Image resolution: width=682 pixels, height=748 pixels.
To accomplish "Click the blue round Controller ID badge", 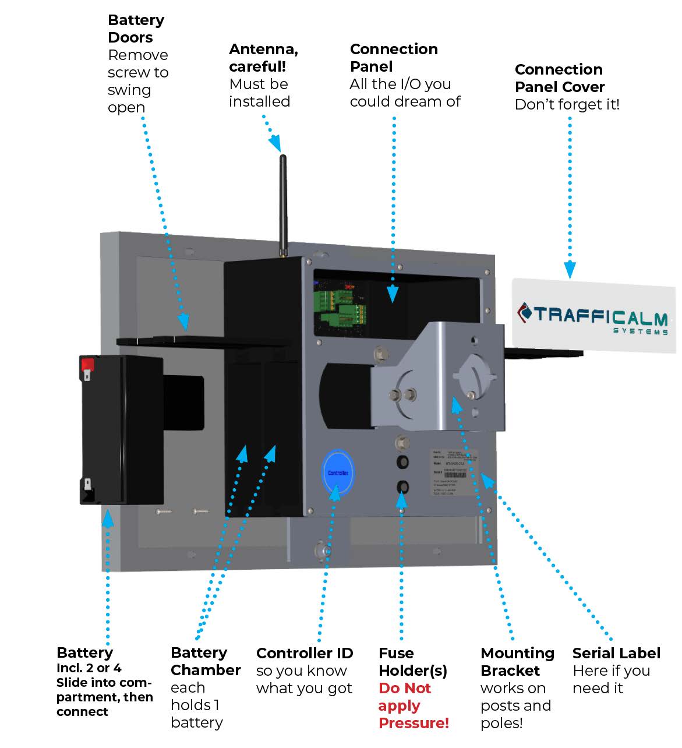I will tap(338, 472).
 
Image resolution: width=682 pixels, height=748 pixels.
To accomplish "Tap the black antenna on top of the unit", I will tap(283, 204).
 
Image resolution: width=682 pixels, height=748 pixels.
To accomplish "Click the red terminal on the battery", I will tap(87, 365).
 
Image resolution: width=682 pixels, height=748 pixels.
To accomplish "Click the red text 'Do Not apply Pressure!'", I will tap(413, 705).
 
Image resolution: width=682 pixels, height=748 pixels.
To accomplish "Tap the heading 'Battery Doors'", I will tap(136, 29).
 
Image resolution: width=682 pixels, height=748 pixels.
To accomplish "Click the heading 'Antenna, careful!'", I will tap(263, 58).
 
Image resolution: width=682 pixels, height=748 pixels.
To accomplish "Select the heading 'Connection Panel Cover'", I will tap(559, 78).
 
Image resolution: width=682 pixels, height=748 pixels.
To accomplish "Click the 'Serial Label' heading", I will tap(616, 653).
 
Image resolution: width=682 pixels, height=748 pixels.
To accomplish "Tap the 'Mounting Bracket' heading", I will tap(517, 662).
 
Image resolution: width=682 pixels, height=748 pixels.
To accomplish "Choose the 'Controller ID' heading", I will tap(305, 653).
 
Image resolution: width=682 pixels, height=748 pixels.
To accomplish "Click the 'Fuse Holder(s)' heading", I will tap(412, 662).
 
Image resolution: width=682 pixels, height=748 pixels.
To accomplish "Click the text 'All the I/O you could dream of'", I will tap(405, 93).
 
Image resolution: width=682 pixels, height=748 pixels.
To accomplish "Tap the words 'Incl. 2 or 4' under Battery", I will tap(89, 668).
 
